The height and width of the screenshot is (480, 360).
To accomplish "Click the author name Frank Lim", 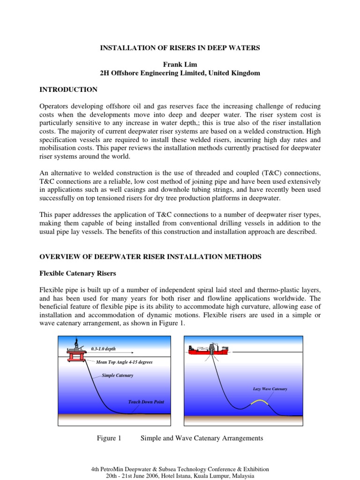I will [180, 64].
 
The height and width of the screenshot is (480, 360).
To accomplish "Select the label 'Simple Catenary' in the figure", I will [118, 375].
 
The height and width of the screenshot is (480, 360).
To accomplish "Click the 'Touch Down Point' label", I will [146, 402].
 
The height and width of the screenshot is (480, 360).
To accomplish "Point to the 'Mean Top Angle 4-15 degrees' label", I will [124, 362].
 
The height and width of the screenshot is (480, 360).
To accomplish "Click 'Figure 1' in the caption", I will [109, 438].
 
